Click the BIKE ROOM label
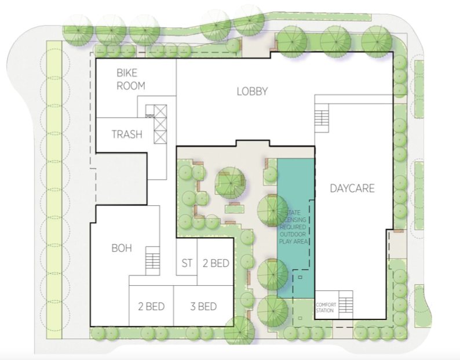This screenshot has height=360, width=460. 131,79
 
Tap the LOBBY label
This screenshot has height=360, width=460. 252,92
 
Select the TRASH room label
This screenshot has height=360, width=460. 127,134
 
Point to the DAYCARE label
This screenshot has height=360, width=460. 352,188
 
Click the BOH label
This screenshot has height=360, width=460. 122,248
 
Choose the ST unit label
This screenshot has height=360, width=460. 187,263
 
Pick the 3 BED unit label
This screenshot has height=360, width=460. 203,306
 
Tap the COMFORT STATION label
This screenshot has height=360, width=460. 326,307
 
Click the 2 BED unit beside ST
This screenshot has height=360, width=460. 216,263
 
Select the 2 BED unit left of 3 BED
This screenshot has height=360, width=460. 151,306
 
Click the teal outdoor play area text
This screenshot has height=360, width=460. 293,227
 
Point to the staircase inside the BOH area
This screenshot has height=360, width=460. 153,261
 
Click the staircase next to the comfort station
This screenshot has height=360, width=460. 346,305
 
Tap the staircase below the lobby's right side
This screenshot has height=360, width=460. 322,121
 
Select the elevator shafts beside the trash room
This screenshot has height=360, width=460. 160,124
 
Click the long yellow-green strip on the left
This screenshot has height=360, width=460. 54,190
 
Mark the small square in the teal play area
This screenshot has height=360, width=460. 300,277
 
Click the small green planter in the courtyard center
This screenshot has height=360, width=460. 235,209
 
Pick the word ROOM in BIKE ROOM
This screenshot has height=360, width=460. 131,86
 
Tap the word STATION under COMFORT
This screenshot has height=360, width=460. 325,310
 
